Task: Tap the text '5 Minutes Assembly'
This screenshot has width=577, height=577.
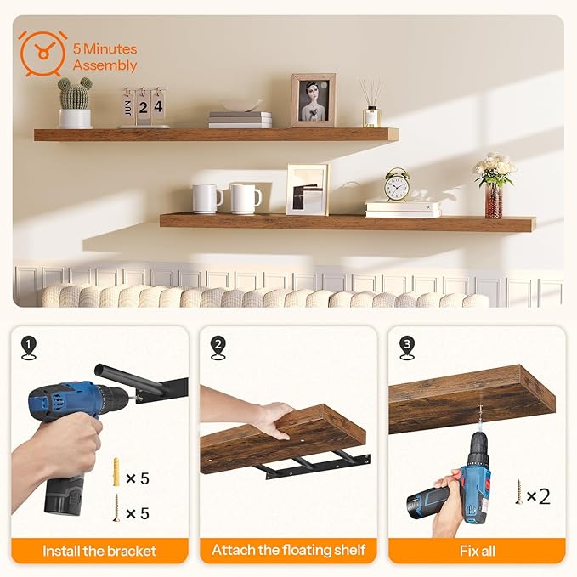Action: (x=105, y=57)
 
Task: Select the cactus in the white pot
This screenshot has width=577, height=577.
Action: (x=75, y=101)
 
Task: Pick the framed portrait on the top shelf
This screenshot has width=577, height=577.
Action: (x=313, y=100)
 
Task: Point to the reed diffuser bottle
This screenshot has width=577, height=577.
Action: (x=371, y=105)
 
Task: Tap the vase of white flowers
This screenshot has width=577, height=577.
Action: (x=495, y=184)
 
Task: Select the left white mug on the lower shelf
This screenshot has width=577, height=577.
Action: (x=206, y=198)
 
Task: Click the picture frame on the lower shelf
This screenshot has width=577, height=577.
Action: (x=307, y=189)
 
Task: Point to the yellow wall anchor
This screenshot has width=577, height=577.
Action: (x=116, y=472)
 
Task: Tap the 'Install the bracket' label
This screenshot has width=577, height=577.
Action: (x=99, y=551)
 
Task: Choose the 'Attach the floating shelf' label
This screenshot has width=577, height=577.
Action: (x=288, y=551)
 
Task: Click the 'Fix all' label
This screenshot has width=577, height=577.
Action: (x=477, y=551)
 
